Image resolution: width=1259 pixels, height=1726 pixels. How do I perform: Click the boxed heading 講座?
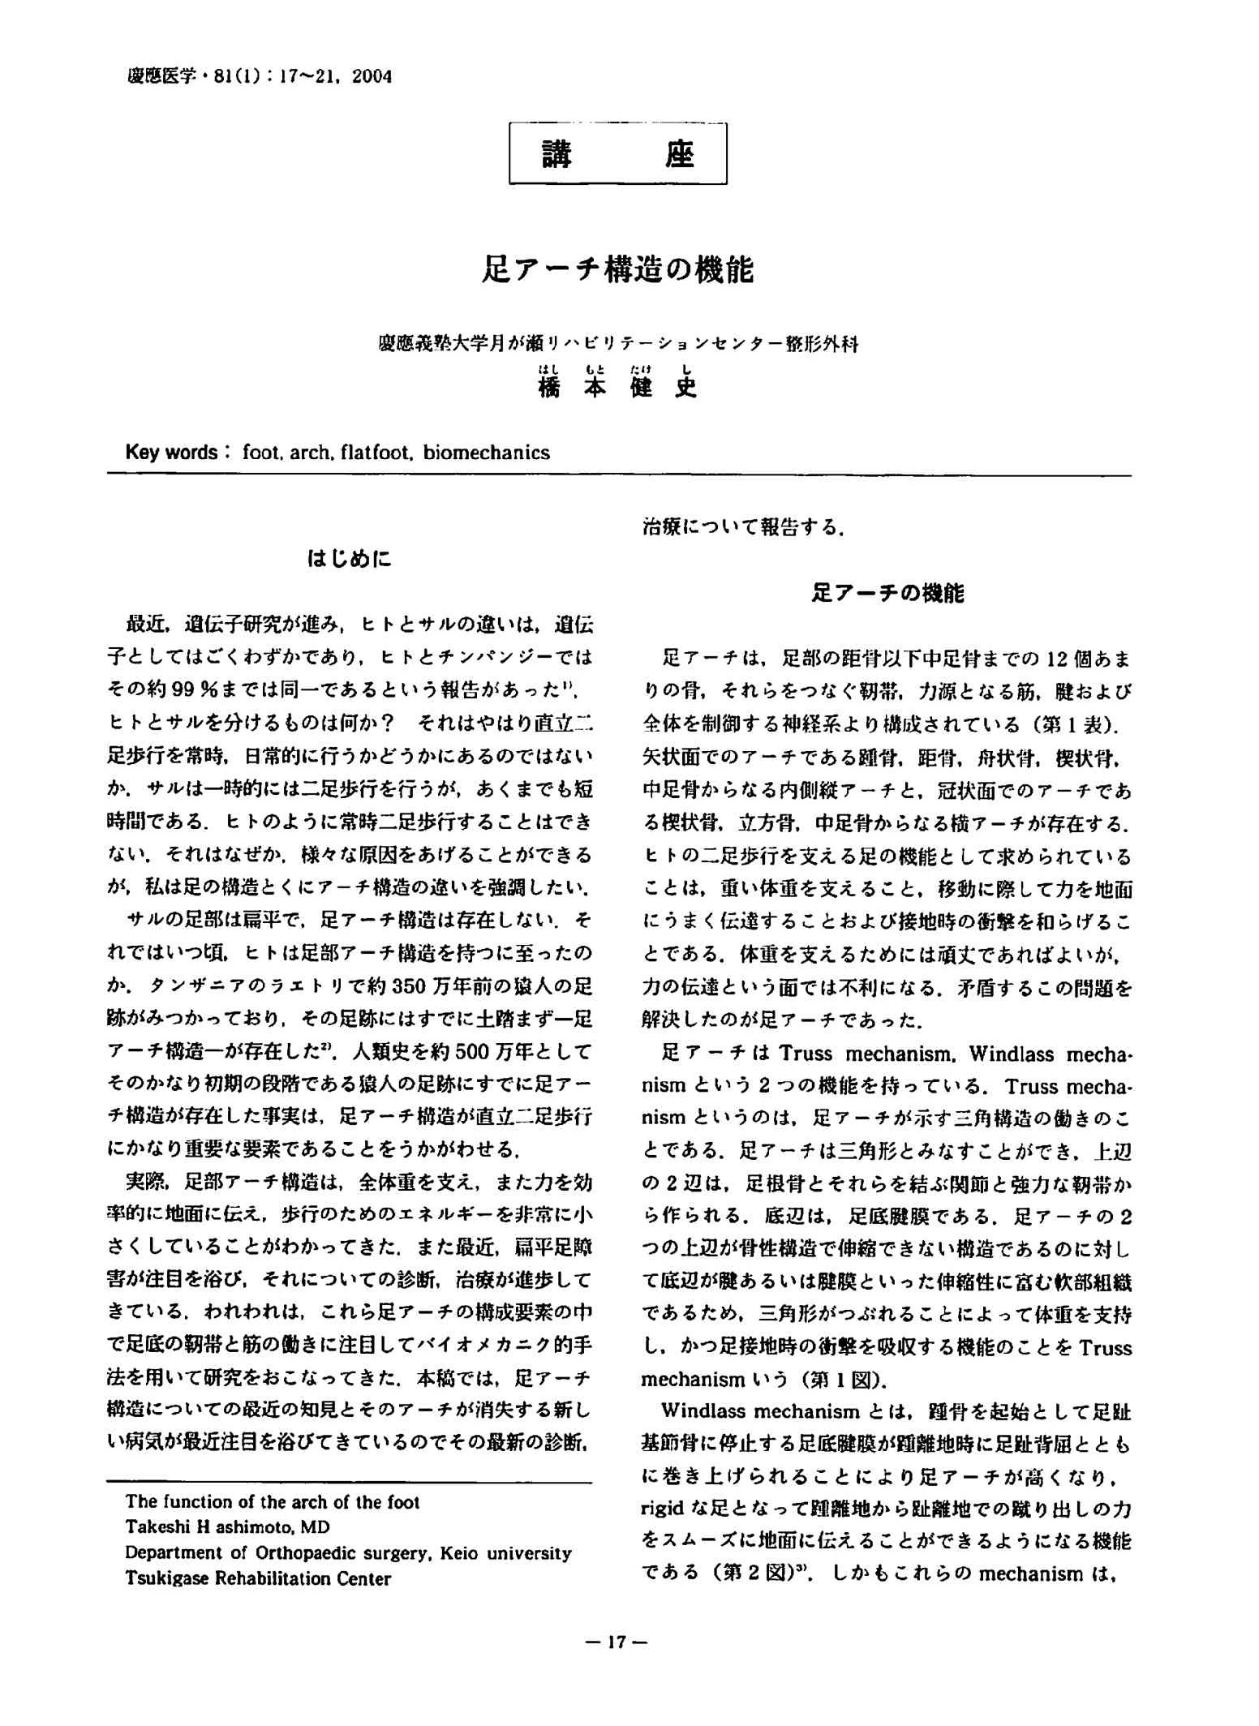pyautogui.click(x=617, y=153)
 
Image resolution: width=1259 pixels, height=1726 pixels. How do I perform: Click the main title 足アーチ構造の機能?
pyautogui.click(x=618, y=269)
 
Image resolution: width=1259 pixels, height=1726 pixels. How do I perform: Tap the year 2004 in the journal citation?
pyautogui.click(x=373, y=77)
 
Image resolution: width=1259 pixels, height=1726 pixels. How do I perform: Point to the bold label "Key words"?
pyautogui.click(x=171, y=452)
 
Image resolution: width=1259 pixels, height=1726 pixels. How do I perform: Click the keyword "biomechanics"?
pyautogui.click(x=486, y=452)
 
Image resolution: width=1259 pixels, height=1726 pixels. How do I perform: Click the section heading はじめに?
pyautogui.click(x=349, y=559)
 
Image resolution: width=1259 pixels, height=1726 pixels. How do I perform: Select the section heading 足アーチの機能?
pyautogui.click(x=887, y=593)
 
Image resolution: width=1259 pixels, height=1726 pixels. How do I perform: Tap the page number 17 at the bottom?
pyautogui.click(x=617, y=1642)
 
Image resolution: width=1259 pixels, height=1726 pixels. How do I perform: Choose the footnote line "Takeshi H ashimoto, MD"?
pyautogui.click(x=228, y=1527)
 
